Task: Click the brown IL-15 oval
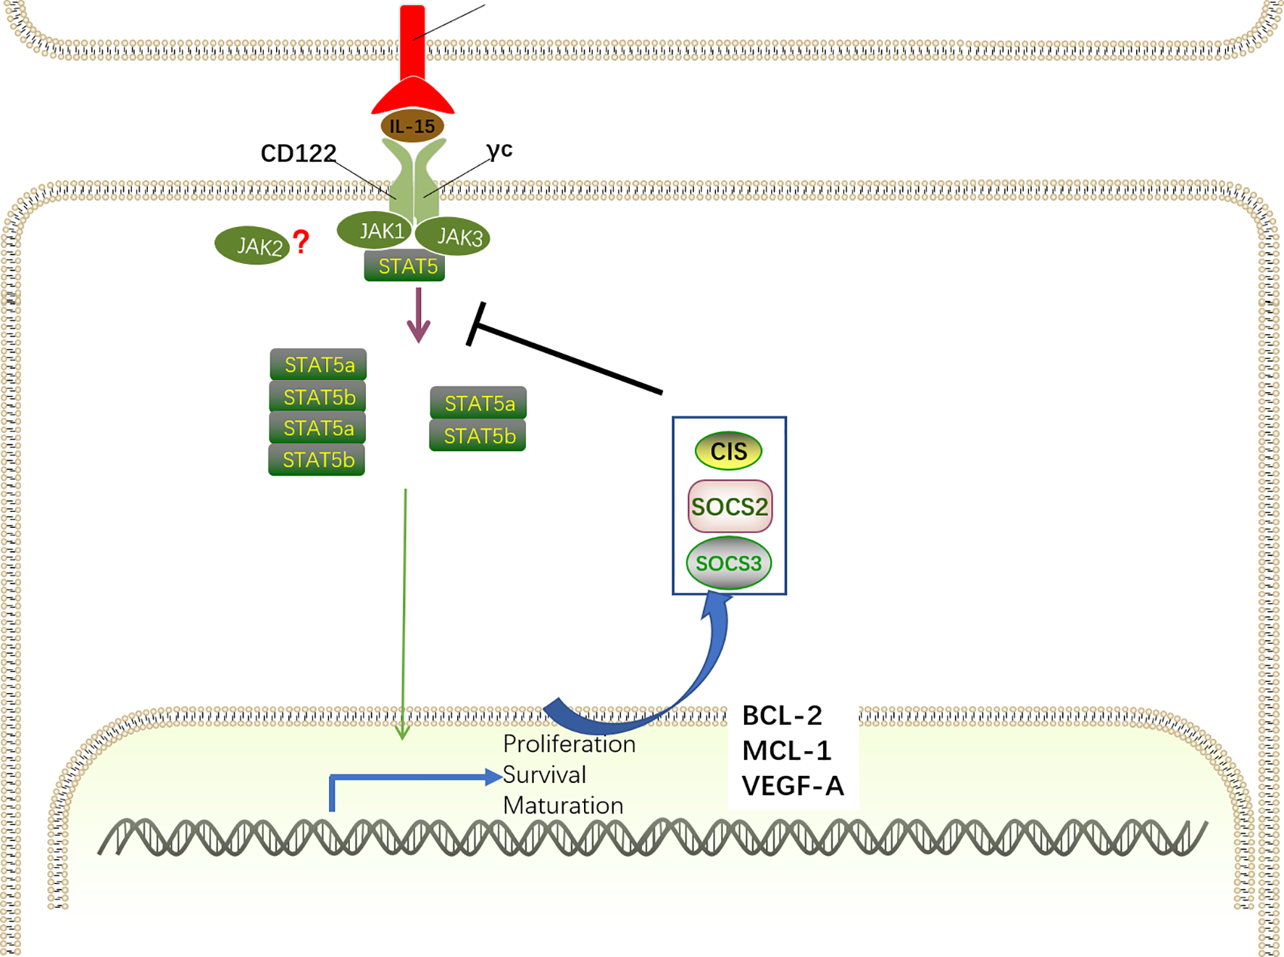tap(412, 126)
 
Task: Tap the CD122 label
tap(298, 154)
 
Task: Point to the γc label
tap(499, 150)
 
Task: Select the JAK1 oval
tap(375, 231)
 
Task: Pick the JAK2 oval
tap(252, 246)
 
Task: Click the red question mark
tap(301, 241)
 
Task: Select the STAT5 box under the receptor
tap(404, 266)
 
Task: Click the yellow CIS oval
tap(728, 451)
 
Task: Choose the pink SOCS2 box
tap(730, 506)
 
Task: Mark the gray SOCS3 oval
tap(728, 563)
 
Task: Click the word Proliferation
tap(569, 745)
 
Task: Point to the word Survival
tap(544, 775)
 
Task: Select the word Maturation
tap(563, 805)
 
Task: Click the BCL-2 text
tap(782, 716)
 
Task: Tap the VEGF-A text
tap(793, 786)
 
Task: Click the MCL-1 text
tap(787, 750)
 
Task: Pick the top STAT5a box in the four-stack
tap(318, 365)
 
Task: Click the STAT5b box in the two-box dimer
tap(478, 436)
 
